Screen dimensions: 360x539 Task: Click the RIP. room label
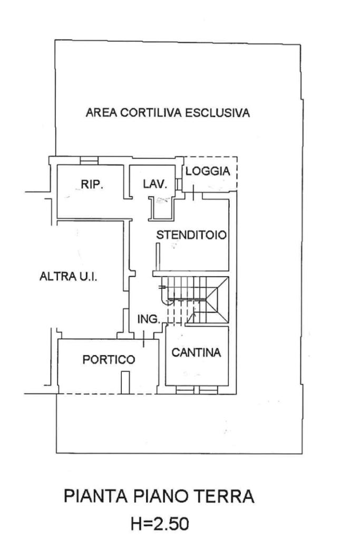(92, 184)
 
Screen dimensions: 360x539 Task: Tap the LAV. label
(155, 184)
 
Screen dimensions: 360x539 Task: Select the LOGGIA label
(208, 171)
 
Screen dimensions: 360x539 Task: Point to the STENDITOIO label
(191, 235)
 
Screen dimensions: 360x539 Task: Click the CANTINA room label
(196, 352)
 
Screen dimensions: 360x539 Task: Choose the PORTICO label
(109, 359)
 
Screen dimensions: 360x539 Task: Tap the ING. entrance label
(149, 319)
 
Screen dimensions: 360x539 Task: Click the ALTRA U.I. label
(68, 276)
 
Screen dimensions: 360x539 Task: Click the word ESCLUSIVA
(218, 113)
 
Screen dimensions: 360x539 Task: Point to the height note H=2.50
(160, 524)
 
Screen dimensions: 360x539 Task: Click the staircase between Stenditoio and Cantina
(194, 300)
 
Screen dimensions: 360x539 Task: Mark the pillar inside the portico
(125, 382)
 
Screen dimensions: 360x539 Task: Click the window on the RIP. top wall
(89, 161)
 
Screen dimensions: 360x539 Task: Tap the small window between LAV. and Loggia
(178, 184)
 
